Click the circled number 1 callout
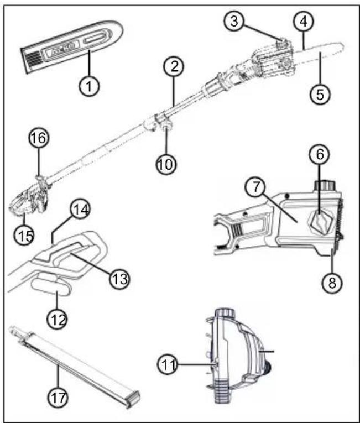click(x=89, y=86)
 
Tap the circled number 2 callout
click(x=174, y=66)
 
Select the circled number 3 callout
click(x=234, y=22)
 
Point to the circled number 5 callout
click(x=320, y=94)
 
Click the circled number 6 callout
click(x=319, y=155)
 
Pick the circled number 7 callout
click(x=255, y=187)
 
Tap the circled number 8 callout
click(x=332, y=283)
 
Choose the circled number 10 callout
click(x=166, y=164)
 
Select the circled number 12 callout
click(x=57, y=319)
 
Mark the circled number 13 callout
click(x=119, y=279)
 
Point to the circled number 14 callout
click(x=80, y=210)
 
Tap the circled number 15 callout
click(x=24, y=235)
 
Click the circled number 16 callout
click(x=39, y=138)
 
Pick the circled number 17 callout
click(x=58, y=398)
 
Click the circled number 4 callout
click(x=304, y=22)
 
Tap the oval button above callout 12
click(x=51, y=288)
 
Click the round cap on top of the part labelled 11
click(x=225, y=314)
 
